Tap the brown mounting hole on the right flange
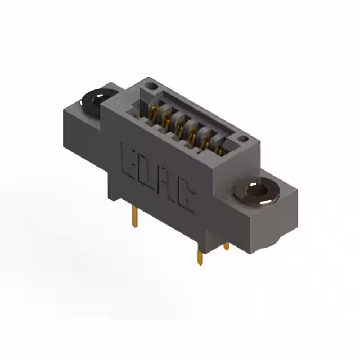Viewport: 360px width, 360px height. pos(257,191)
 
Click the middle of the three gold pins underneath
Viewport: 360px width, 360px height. pos(200,254)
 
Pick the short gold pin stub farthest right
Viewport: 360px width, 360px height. pos(226,247)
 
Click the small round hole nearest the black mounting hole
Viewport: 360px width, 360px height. pos(152,86)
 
